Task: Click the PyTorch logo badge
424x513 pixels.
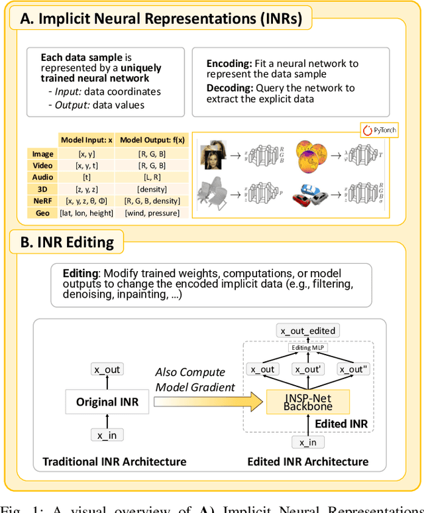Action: [x=380, y=130]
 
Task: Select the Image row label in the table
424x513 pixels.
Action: [x=42, y=154]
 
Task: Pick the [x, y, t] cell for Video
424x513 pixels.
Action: [x=86, y=166]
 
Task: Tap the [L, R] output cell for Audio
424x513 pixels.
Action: [x=152, y=177]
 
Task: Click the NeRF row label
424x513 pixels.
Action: [x=42, y=201]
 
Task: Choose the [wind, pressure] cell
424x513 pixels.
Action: [x=152, y=213]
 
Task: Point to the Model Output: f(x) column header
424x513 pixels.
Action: [x=152, y=140]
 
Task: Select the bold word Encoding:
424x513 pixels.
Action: [x=229, y=64]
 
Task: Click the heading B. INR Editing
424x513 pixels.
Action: [x=68, y=243]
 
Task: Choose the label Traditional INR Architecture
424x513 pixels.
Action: [x=115, y=461]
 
